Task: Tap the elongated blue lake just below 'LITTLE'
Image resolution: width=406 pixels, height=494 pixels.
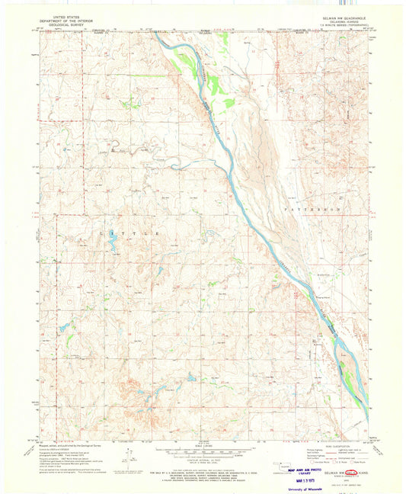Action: [113, 245]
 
